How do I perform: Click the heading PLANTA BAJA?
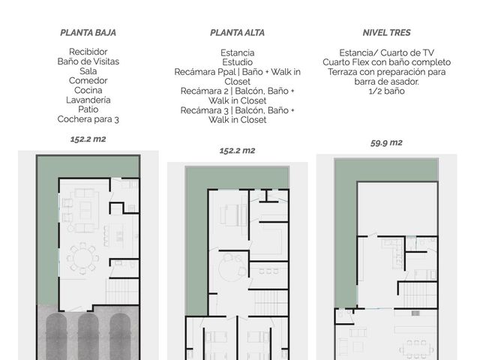tap(88, 33)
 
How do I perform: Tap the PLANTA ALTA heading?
tap(237, 33)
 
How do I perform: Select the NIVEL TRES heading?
tap(387, 33)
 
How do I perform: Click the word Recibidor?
tap(88, 52)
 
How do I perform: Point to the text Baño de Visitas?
tap(88, 61)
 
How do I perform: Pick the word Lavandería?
tap(88, 100)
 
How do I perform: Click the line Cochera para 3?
tap(88, 119)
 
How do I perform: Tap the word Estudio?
tap(237, 62)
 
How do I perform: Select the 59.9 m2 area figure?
tap(386, 142)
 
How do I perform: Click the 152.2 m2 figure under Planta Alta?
tap(237, 151)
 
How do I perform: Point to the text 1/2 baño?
tap(387, 91)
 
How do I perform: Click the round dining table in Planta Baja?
tap(82, 258)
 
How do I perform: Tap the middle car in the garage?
tap(88, 336)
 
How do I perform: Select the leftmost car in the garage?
tap(56, 336)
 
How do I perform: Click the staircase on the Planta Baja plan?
tap(122, 292)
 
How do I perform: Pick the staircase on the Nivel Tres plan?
tap(418, 295)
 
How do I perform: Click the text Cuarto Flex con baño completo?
tap(387, 62)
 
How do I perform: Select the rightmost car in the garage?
tap(120, 336)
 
